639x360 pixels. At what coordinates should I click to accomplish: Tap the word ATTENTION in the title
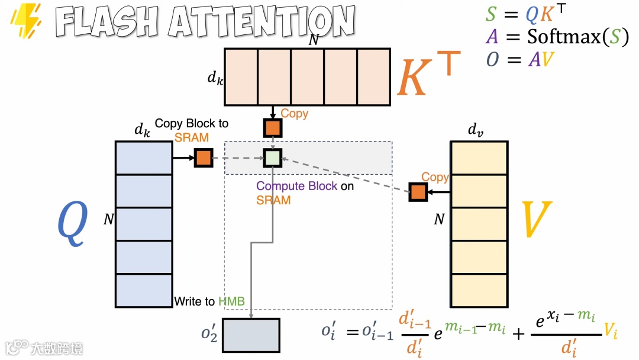click(x=261, y=22)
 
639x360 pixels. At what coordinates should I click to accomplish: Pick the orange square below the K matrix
click(x=272, y=127)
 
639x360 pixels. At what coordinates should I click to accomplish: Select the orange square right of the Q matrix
click(x=203, y=158)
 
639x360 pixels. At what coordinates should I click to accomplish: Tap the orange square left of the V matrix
click(x=418, y=192)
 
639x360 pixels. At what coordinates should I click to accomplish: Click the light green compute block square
click(x=272, y=158)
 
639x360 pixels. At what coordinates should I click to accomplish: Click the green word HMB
click(x=231, y=301)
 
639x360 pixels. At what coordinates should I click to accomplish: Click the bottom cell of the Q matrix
click(x=144, y=290)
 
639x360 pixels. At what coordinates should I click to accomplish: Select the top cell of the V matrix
click(x=479, y=157)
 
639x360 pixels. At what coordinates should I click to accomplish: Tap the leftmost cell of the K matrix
click(x=240, y=76)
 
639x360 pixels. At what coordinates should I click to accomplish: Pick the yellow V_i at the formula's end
click(x=611, y=332)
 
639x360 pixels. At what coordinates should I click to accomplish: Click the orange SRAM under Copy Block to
click(x=191, y=137)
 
